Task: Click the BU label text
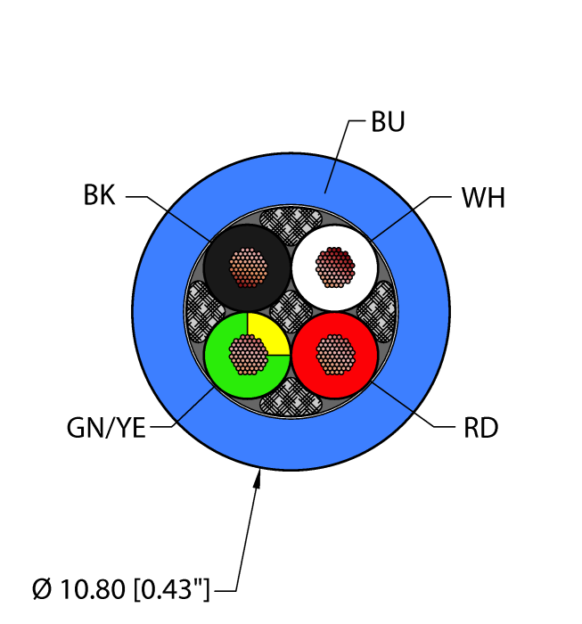388,122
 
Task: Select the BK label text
100,195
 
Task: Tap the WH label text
483,198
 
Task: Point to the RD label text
481,428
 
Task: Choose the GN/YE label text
106,428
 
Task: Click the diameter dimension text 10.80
93,589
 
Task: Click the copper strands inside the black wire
248,267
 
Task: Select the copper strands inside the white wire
335,267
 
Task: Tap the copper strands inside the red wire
335,354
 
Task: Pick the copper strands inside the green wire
248,354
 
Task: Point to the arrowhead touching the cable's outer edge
258,479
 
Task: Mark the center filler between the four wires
291,311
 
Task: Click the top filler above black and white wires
291,226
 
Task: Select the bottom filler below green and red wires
291,398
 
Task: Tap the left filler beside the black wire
204,311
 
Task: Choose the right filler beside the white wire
378,311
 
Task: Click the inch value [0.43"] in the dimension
171,589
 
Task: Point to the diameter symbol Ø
42,589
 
